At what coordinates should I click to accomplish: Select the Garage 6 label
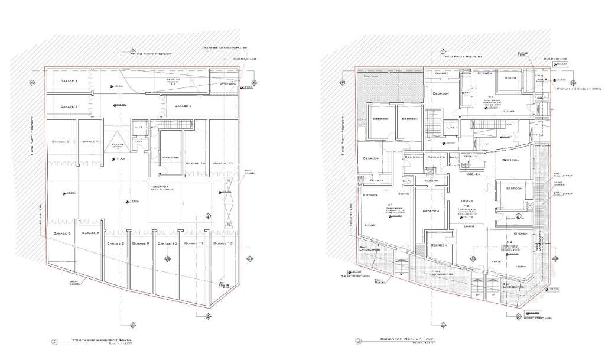(x=61, y=234)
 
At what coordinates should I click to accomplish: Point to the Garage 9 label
(x=141, y=244)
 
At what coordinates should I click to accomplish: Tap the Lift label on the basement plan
(x=139, y=127)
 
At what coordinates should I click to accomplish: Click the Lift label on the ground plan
(x=450, y=127)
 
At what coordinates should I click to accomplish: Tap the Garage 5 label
(x=60, y=142)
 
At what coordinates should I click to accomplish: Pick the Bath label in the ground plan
(x=466, y=93)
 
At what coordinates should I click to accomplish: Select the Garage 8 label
(x=115, y=244)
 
